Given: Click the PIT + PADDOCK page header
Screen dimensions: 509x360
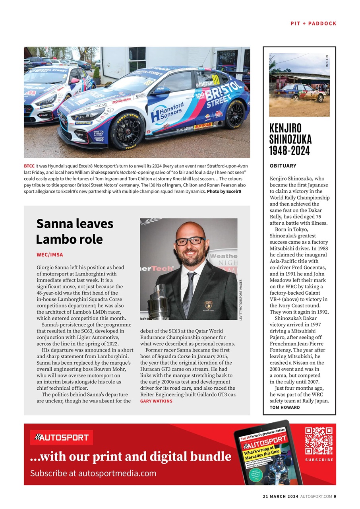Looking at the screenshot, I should (x=313, y=23).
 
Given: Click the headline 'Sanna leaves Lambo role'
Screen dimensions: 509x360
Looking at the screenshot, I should (x=75, y=231).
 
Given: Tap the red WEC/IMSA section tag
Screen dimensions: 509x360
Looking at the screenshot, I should (x=50, y=254).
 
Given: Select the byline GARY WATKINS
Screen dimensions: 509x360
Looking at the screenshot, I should (x=156, y=401).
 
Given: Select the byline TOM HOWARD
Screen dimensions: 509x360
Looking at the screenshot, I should (x=285, y=407).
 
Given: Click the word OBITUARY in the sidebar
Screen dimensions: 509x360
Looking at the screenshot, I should (x=283, y=166).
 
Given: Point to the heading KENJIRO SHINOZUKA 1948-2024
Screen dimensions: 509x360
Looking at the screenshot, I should (x=290, y=139).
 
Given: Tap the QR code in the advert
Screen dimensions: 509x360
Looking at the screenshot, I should (x=319, y=441).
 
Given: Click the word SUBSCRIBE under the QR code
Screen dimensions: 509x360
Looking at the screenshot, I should (x=319, y=460).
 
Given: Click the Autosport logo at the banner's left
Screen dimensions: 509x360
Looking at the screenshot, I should (x=62, y=437).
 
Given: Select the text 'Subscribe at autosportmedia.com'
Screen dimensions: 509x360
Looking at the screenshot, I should (x=93, y=473).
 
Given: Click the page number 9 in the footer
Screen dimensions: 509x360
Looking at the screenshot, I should (x=335, y=496).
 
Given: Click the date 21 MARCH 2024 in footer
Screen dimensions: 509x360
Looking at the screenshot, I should (x=280, y=496).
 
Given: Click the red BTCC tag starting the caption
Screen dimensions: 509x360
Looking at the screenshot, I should (x=29, y=166).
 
